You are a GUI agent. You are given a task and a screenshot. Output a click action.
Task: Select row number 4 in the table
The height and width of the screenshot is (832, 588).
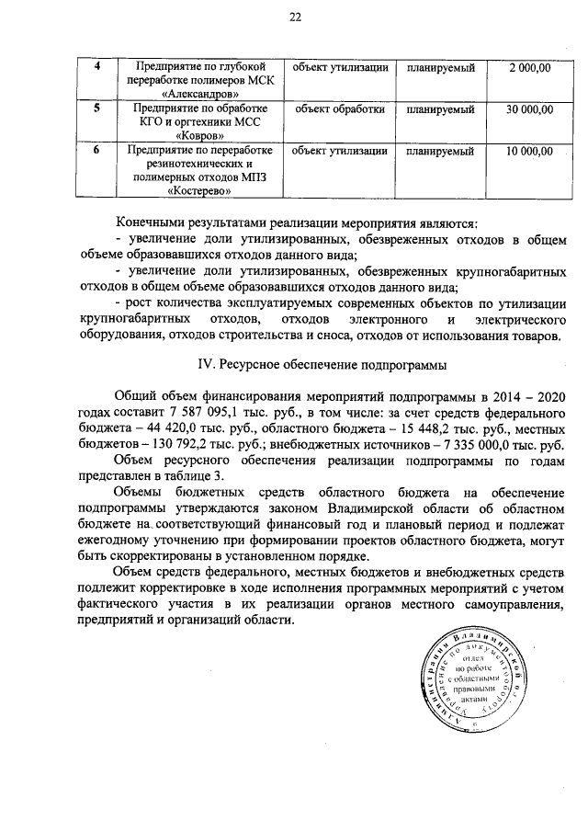pyautogui.click(x=98, y=66)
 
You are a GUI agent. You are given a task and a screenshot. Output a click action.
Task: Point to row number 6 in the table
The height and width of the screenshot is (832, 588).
pyautogui.click(x=98, y=150)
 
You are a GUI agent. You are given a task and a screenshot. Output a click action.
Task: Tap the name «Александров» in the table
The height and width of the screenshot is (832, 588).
pyautogui.click(x=198, y=94)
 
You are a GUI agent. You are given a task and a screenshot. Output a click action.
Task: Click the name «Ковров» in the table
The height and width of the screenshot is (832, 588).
pyautogui.click(x=198, y=136)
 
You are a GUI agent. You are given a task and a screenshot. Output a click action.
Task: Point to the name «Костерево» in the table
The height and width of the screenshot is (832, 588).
pyautogui.click(x=198, y=191)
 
